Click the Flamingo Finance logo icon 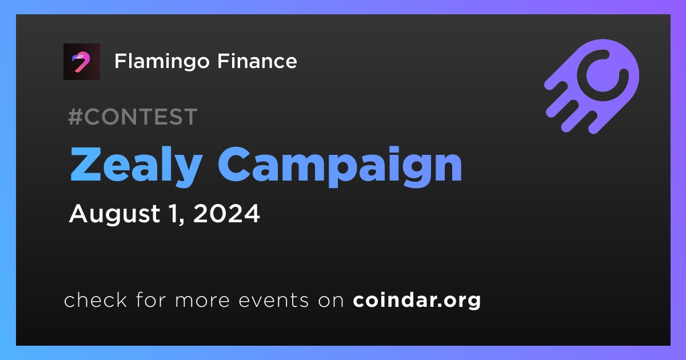point(81,62)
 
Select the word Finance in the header point(257,61)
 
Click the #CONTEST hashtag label point(133,117)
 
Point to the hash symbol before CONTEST point(75,117)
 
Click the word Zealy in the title point(136,166)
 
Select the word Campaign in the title point(340,166)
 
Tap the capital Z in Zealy point(86,165)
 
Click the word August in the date point(114,214)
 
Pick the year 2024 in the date point(226,213)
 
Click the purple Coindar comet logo point(592,86)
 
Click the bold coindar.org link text point(417,301)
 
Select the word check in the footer point(95,299)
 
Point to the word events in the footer point(274,301)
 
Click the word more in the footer point(202,301)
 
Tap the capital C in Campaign point(234,165)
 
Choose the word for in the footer point(151,299)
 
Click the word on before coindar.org point(331,301)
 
